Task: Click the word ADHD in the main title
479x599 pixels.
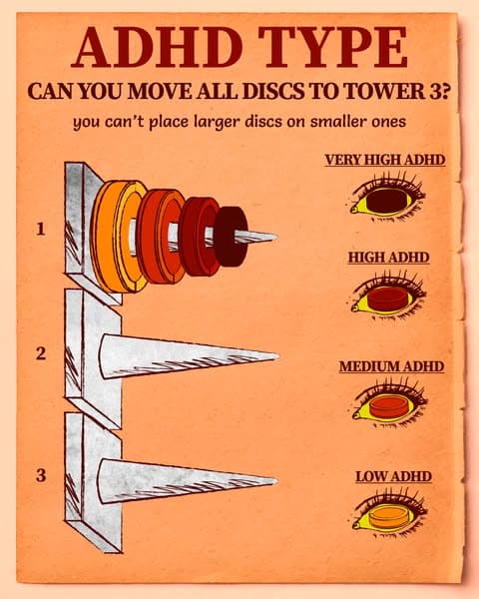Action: pyautogui.click(x=158, y=47)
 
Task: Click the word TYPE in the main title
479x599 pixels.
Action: pyautogui.click(x=332, y=47)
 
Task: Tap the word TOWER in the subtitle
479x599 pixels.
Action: pyautogui.click(x=382, y=91)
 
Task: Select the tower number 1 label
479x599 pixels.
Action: pyautogui.click(x=41, y=229)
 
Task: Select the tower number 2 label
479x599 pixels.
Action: pyautogui.click(x=41, y=353)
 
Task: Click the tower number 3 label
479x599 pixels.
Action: pyautogui.click(x=41, y=475)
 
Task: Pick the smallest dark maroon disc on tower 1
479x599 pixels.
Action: pyautogui.click(x=232, y=236)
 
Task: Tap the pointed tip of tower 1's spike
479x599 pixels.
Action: pyautogui.click(x=275, y=236)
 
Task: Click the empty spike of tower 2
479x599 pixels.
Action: pyautogui.click(x=189, y=356)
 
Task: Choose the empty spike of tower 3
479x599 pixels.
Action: pyautogui.click(x=188, y=480)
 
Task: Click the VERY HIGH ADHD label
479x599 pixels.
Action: pyautogui.click(x=385, y=160)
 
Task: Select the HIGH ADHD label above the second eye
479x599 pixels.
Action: pyautogui.click(x=388, y=258)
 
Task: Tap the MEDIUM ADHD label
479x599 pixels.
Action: pyautogui.click(x=391, y=366)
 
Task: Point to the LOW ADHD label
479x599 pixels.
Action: pyautogui.click(x=393, y=476)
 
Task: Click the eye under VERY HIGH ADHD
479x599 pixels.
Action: pyautogui.click(x=388, y=199)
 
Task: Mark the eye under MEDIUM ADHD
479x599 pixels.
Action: pyautogui.click(x=390, y=405)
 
